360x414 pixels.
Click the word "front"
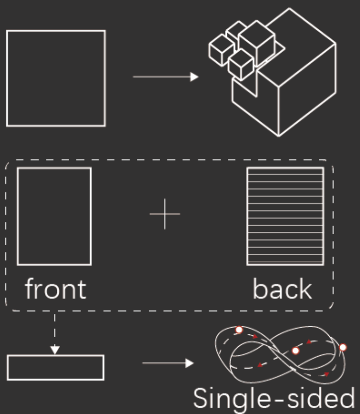click(55, 289)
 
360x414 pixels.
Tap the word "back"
click(282, 289)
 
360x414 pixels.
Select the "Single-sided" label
click(274, 399)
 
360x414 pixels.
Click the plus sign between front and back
click(165, 214)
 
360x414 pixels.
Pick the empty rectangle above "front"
click(54, 216)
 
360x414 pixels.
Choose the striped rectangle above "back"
click(285, 216)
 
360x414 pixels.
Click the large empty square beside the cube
click(56, 78)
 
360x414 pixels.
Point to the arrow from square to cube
click(165, 77)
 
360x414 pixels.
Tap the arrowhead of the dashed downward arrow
click(55, 350)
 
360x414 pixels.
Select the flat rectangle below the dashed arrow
click(55, 368)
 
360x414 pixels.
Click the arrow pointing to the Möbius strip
click(168, 364)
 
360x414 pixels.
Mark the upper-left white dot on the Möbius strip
click(239, 330)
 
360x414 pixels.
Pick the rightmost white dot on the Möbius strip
click(343, 348)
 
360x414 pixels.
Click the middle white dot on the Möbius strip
click(296, 351)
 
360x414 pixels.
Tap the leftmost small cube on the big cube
click(221, 49)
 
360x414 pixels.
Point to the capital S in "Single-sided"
click(202, 399)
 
